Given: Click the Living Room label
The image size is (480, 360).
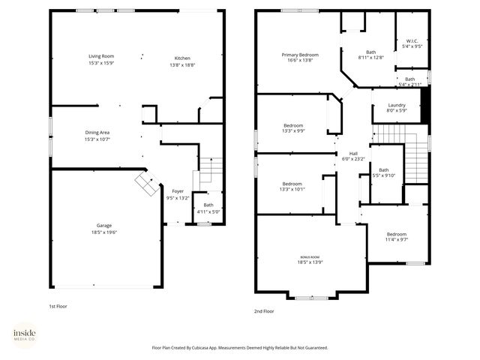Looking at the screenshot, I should (x=101, y=57).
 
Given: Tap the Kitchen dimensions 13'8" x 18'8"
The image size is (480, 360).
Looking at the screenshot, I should (x=183, y=64).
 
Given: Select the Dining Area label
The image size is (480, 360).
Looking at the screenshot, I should (x=98, y=132).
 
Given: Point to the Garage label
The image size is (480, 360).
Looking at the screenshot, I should (x=103, y=225).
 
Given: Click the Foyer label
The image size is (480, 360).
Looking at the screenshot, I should (x=178, y=191).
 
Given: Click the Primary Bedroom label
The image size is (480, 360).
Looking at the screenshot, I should (x=300, y=55).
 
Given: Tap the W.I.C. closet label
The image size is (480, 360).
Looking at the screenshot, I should (x=412, y=40).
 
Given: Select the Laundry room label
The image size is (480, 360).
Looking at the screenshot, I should (x=397, y=105).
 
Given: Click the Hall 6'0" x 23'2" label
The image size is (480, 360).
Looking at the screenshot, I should (x=352, y=153).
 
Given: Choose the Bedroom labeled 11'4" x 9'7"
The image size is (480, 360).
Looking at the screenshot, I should (x=396, y=234).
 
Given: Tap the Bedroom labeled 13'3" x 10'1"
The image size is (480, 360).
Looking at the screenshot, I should (x=292, y=184).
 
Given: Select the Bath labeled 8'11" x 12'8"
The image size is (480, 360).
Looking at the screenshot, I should (x=370, y=52).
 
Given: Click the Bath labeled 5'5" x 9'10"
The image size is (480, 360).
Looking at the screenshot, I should (x=383, y=170).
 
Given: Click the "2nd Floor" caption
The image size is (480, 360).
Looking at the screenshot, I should (x=264, y=310).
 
